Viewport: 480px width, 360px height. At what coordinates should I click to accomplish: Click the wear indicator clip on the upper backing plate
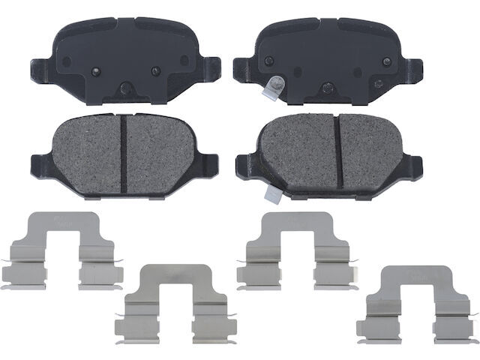tap(271, 88)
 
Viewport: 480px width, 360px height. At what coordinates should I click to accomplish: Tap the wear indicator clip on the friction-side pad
tap(271, 193)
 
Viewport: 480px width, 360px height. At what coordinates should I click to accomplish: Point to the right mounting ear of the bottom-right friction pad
tap(424, 161)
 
